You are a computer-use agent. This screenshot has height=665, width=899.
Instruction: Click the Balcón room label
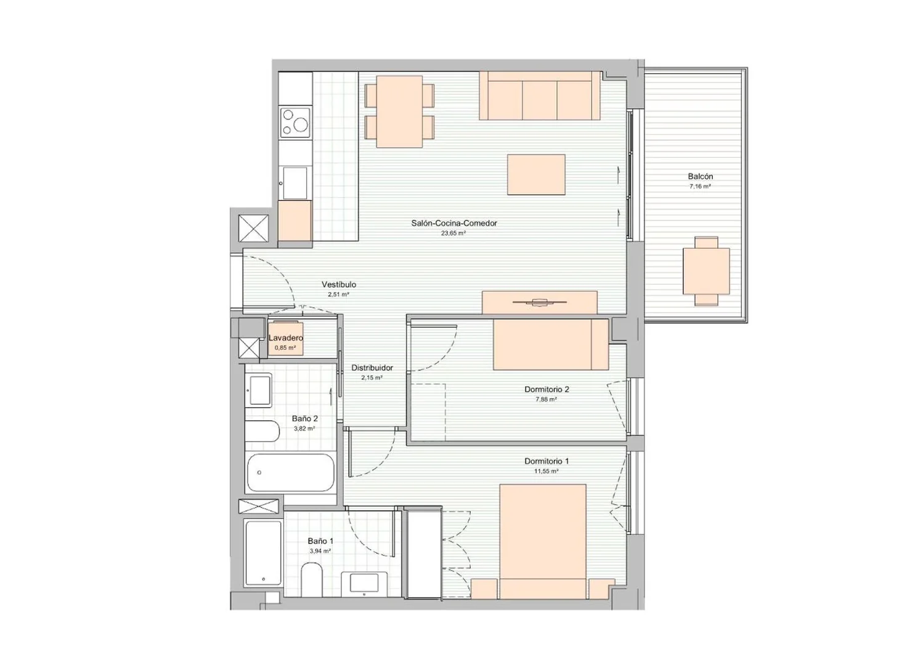pyautogui.click(x=700, y=176)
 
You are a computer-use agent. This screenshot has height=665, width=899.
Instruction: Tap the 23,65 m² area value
pyautogui.click(x=453, y=233)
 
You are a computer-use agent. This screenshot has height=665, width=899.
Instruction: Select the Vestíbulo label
pyautogui.click(x=339, y=284)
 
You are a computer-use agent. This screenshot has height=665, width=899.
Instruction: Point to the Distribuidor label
pyautogui.click(x=372, y=368)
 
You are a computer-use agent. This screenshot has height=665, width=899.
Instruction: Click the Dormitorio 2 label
pyautogui.click(x=547, y=389)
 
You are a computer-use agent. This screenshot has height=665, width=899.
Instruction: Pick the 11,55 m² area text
pyautogui.click(x=547, y=471)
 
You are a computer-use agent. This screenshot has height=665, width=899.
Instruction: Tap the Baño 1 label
pyautogui.click(x=320, y=541)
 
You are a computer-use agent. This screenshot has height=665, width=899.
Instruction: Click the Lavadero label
pyautogui.click(x=286, y=338)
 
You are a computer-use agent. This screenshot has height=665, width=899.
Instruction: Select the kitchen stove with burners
pyautogui.click(x=296, y=123)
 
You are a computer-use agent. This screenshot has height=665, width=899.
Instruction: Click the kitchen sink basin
pyautogui.click(x=295, y=183)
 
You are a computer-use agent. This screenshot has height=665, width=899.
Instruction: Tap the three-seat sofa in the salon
pyautogui.click(x=540, y=95)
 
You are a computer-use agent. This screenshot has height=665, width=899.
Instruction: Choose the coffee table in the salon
pyautogui.click(x=536, y=174)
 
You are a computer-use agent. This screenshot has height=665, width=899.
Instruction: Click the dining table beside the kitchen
pyautogui.click(x=399, y=111)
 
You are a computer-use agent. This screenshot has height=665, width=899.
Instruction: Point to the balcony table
pyautogui.click(x=706, y=271)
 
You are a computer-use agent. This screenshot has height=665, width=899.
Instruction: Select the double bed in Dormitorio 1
pyautogui.click(x=543, y=541)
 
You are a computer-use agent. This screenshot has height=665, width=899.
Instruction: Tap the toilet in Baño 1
pyautogui.click(x=312, y=581)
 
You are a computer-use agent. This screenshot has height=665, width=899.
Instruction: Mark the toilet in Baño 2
pyautogui.click(x=262, y=431)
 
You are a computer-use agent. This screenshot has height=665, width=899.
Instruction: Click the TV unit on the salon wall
pyautogui.click(x=540, y=302)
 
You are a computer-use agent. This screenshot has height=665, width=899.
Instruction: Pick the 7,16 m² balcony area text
pyautogui.click(x=700, y=187)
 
